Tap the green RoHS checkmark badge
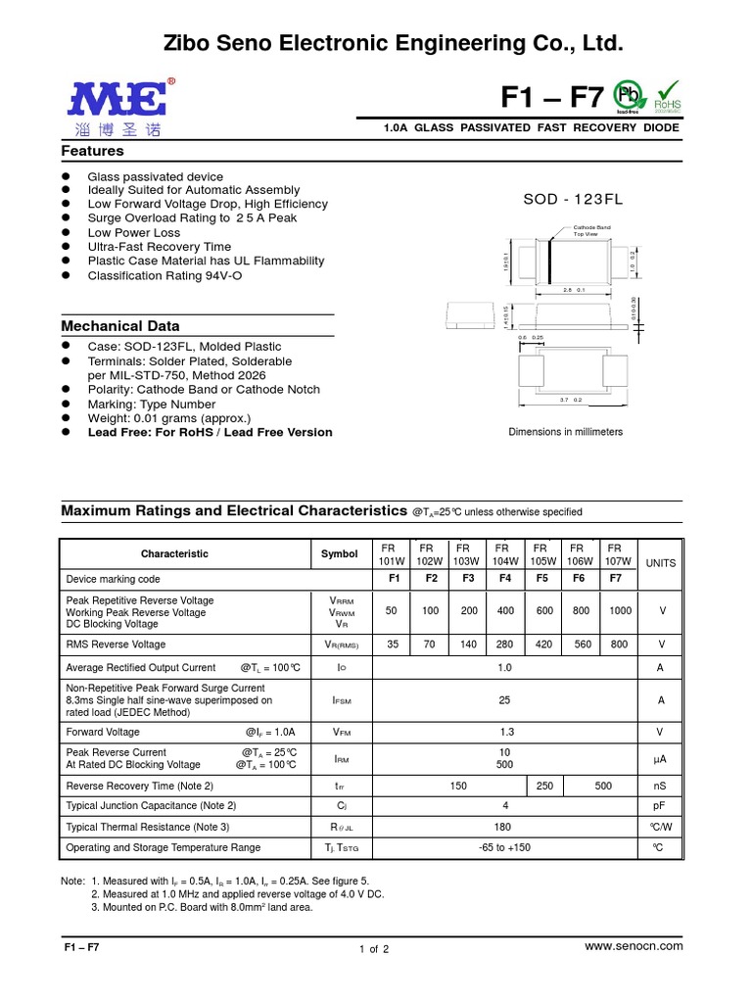click(667, 96)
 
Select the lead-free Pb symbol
click(627, 96)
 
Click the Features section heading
click(92, 151)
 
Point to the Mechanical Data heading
click(120, 325)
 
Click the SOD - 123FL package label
click(573, 199)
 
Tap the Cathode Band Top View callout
click(591, 231)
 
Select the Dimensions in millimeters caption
click(565, 432)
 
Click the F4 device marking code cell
click(505, 579)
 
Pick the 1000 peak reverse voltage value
click(620, 610)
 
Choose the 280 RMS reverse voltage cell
click(505, 645)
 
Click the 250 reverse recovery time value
click(545, 786)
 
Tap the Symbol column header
click(340, 553)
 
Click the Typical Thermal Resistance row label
click(147, 827)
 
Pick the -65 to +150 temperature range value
click(504, 847)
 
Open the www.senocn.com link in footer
click(633, 945)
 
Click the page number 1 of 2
click(374, 949)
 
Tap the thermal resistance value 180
click(504, 827)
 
